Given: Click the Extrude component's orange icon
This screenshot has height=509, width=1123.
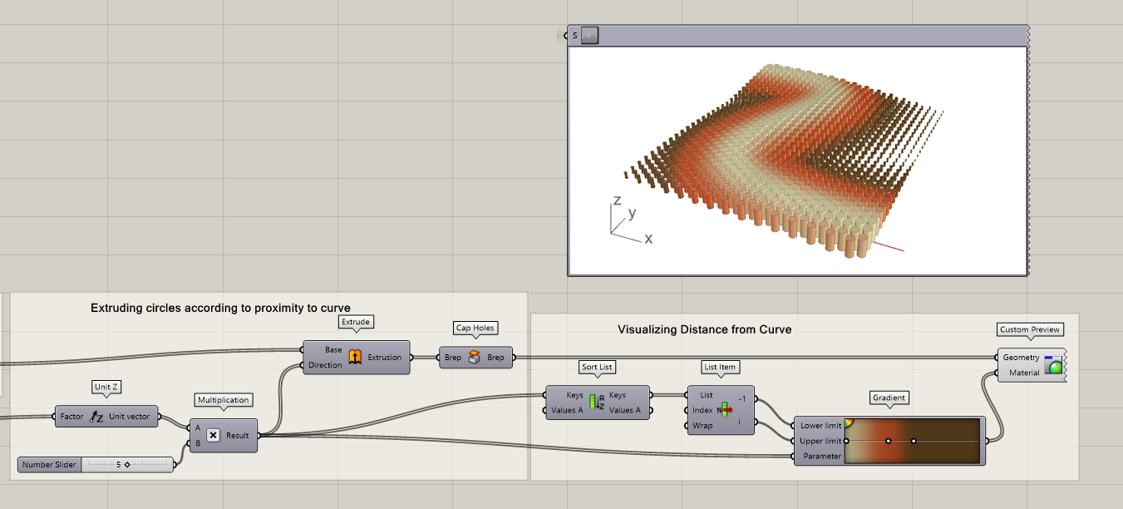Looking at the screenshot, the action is (355, 357).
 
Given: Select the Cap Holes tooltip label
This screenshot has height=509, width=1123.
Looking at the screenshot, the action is (475, 328).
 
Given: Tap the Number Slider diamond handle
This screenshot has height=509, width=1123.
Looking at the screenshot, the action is (127, 465).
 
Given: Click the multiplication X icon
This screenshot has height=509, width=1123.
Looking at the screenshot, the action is (213, 435).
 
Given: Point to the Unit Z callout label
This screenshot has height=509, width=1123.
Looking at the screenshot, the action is (106, 387).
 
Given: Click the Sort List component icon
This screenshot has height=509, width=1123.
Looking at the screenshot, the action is (597, 403).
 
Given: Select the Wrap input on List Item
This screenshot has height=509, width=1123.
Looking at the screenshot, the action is (702, 426).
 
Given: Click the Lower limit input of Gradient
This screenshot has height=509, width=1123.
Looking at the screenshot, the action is (820, 425).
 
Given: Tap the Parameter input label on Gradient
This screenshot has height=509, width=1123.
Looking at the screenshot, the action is (822, 456).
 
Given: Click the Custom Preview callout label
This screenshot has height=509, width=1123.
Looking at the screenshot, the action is (1030, 329).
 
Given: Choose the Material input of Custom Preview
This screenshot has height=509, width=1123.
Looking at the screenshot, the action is (1024, 373).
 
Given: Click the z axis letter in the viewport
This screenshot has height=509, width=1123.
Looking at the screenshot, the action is (617, 200).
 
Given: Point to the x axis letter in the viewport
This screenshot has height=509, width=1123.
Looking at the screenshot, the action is (648, 239).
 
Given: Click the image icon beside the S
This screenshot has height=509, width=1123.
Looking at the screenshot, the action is (589, 36).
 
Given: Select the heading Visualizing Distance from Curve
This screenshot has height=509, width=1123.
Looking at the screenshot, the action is (704, 329).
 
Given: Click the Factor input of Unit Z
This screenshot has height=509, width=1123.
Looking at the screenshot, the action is (71, 416).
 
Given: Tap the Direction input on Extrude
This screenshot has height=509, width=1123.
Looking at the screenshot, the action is (325, 365).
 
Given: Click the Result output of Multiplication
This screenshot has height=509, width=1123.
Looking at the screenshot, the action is (237, 435).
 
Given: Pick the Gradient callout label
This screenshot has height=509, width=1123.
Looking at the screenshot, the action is (889, 398).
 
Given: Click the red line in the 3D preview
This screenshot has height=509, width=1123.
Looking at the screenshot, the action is (889, 247).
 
